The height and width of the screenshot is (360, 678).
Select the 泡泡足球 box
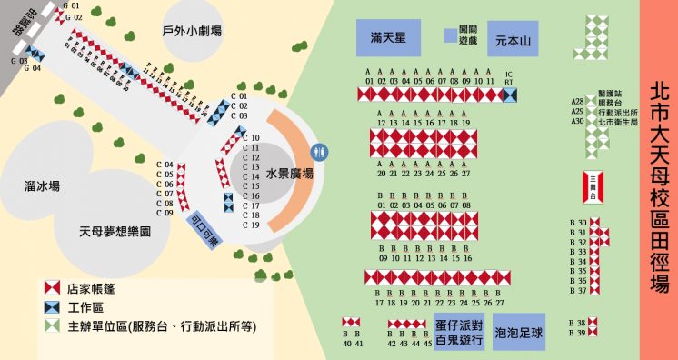tap(519, 333)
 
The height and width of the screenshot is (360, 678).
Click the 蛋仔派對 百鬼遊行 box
tap(458, 333)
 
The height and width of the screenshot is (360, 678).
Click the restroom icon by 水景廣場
tap(318, 151)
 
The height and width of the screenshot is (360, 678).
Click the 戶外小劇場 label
tap(192, 32)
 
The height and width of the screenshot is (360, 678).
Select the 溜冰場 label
tap(43, 185)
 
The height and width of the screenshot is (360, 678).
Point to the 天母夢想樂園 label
tap(115, 232)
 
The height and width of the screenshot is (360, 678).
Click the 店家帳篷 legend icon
tap(54, 288)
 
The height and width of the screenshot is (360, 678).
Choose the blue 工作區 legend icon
tap(54, 307)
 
